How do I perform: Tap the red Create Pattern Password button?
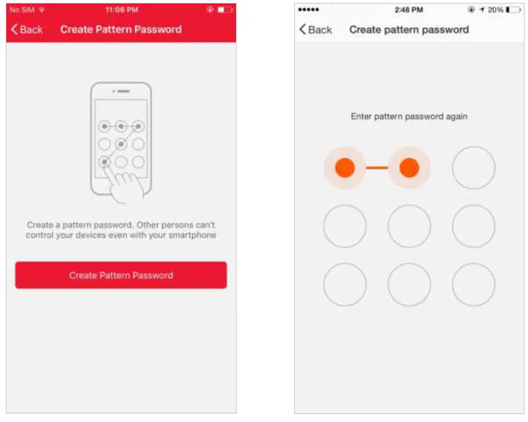tap(121, 275)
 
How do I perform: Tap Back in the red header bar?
tap(27, 29)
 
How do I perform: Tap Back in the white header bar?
tap(315, 29)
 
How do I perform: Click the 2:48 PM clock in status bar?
tap(409, 10)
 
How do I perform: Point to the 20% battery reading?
tap(495, 10)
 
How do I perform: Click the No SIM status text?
tap(22, 10)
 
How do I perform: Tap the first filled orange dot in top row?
tap(344, 168)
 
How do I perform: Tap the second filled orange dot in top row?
tap(409, 168)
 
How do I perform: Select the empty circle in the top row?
tap(473, 168)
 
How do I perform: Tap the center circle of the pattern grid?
tap(409, 226)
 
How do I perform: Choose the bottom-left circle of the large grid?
tap(344, 285)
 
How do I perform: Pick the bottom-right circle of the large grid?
tap(473, 285)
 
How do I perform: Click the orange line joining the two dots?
tap(377, 168)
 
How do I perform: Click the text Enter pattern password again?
tap(409, 117)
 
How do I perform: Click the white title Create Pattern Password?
tap(121, 29)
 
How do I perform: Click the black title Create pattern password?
tap(409, 29)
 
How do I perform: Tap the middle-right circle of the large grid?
tap(473, 226)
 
